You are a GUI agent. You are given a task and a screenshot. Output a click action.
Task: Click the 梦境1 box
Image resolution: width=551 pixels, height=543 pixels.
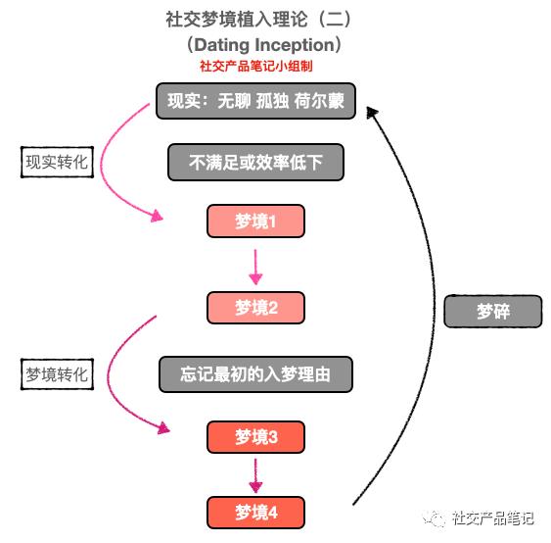tap(255, 222)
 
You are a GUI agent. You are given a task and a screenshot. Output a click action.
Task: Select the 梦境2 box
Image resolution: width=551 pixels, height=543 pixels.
tap(255, 308)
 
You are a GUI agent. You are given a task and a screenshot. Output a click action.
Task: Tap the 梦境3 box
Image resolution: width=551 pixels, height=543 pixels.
tap(255, 437)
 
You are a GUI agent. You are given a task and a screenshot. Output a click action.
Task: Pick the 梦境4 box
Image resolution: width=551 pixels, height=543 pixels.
tap(255, 513)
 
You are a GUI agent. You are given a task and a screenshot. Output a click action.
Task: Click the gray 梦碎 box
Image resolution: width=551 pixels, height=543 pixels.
tap(492, 312)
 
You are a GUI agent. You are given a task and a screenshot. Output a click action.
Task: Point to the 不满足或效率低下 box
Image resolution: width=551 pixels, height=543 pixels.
tap(256, 162)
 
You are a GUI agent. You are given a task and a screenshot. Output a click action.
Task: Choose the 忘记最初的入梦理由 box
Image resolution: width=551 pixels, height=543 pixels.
tap(255, 373)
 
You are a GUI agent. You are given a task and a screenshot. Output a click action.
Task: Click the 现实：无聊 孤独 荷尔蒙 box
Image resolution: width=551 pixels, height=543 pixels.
tap(255, 100)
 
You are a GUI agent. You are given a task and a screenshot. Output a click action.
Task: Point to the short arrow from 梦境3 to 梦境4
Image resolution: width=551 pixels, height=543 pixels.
tap(255, 475)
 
